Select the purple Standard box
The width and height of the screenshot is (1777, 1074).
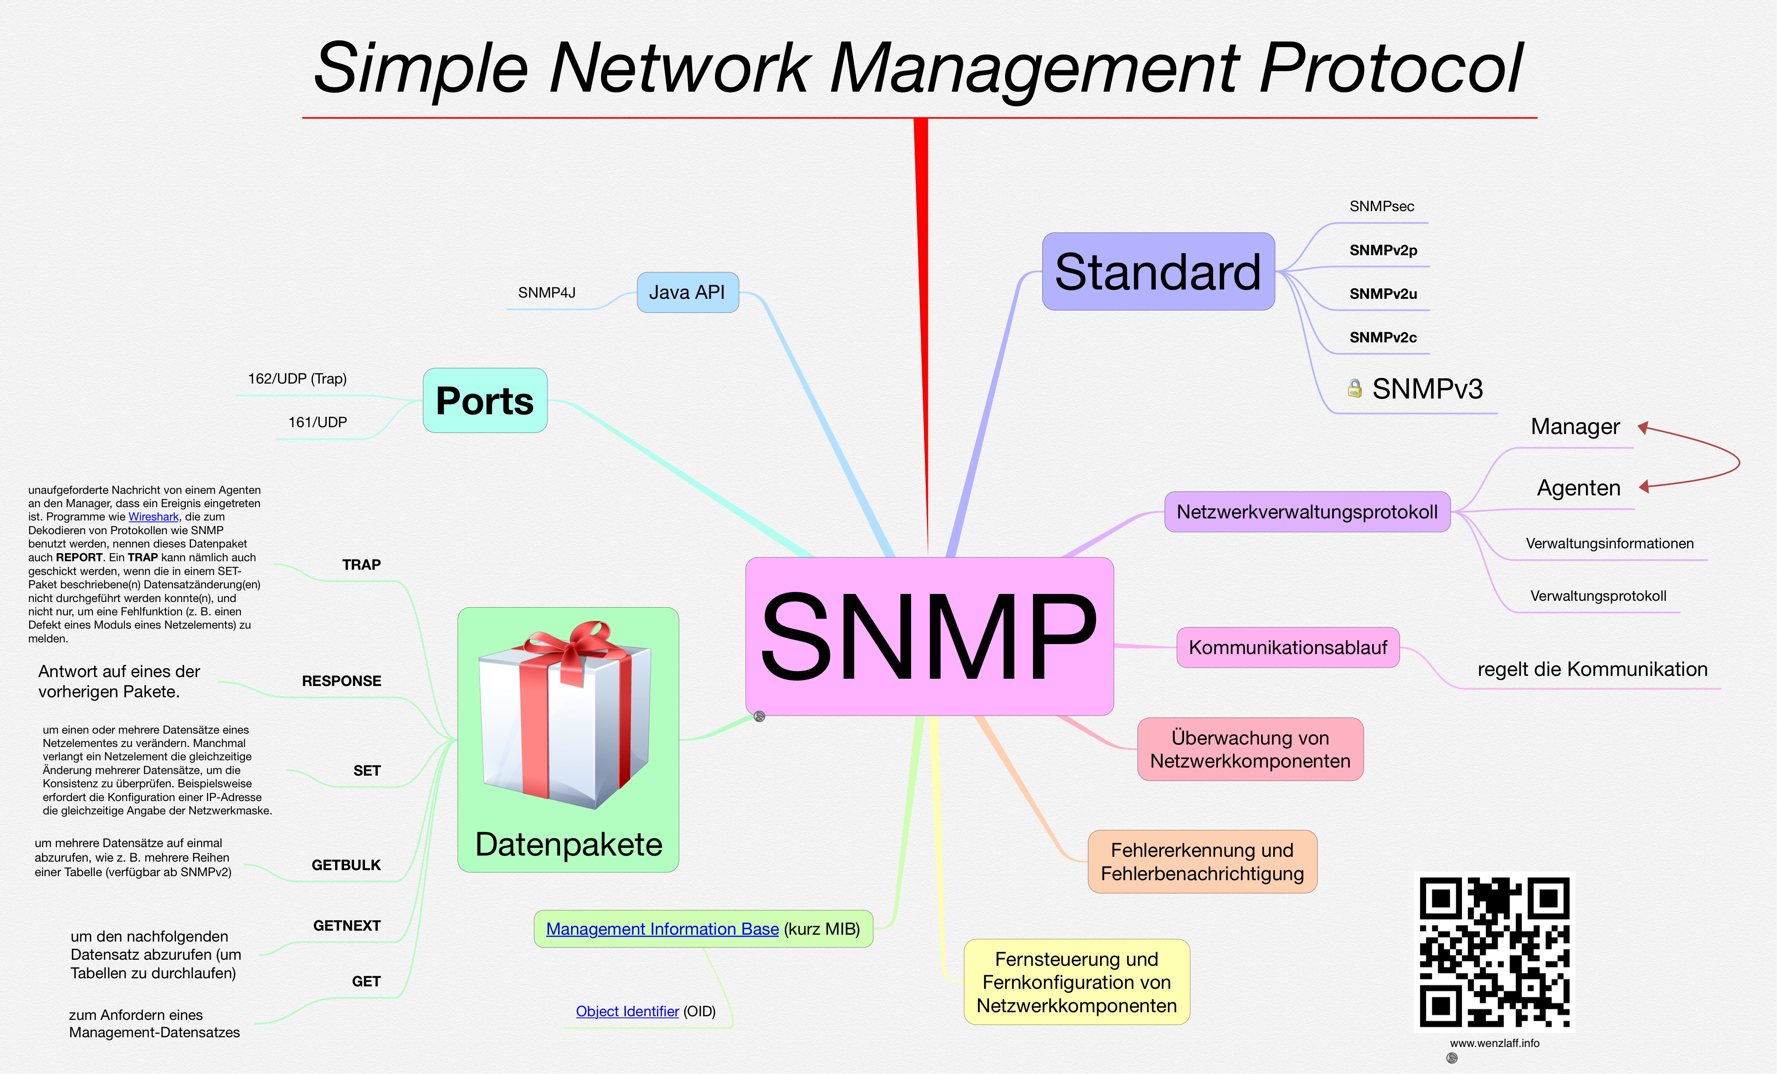1157,272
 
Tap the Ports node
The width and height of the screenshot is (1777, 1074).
485,400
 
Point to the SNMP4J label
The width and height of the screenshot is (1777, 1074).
547,293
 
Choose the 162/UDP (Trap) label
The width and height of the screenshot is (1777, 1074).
297,379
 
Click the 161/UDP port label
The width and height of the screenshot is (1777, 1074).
317,422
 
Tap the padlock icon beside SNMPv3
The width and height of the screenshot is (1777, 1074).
1354,389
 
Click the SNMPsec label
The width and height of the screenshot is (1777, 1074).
1381,206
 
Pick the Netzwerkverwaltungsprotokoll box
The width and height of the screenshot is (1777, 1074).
1307,512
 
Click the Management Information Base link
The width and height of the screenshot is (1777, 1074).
662,929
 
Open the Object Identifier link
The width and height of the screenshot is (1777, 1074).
627,1011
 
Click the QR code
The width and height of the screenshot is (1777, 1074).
1494,952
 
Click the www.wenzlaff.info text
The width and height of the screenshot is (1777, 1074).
1494,1043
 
